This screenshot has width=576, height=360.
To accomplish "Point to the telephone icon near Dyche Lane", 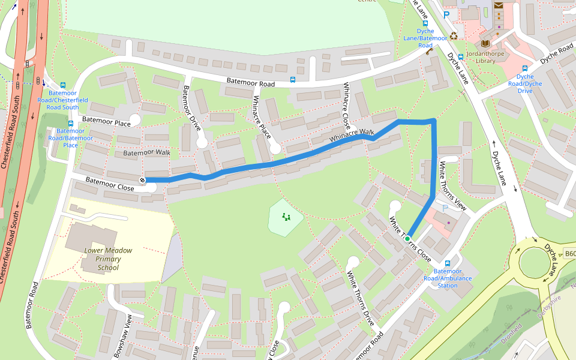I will coord(429,52).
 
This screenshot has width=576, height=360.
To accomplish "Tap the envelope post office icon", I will coord(499,5).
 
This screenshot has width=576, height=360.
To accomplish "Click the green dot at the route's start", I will coord(407,239).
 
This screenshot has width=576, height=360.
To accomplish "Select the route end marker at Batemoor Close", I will coord(143,180).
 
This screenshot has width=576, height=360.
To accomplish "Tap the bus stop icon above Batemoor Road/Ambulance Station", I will coord(447,263).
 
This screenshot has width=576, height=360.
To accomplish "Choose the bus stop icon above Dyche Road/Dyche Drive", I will coord(525,68).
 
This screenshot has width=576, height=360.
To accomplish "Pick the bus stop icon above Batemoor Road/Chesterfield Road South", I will coord(63,85).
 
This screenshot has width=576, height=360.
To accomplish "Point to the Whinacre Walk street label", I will coord(352,136).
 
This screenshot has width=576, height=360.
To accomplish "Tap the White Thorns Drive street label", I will coord(361,298).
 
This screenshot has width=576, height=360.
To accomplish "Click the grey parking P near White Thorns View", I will coord(445,208).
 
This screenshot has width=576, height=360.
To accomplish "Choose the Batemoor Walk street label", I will coord(146,153).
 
